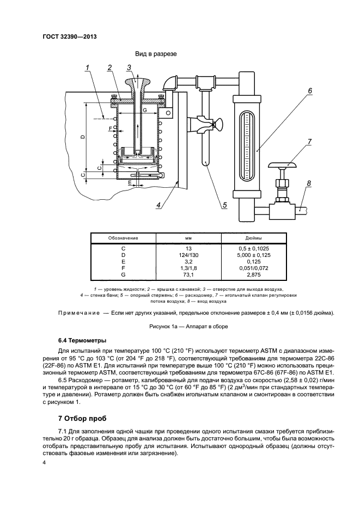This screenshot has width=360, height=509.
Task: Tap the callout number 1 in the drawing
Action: pos(87,68)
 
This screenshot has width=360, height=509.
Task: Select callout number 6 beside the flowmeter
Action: pos(309,90)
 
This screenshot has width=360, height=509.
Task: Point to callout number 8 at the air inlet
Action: pos(309,183)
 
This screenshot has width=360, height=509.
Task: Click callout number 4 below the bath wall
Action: pos(158,205)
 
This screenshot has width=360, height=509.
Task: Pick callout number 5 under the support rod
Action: pos(223,205)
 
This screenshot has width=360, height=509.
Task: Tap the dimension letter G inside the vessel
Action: pos(144,111)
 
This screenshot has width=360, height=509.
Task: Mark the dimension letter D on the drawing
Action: pos(82,137)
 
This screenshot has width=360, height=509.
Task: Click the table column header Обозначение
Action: pos(123,238)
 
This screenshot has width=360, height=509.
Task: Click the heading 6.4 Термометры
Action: pos(82,340)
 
